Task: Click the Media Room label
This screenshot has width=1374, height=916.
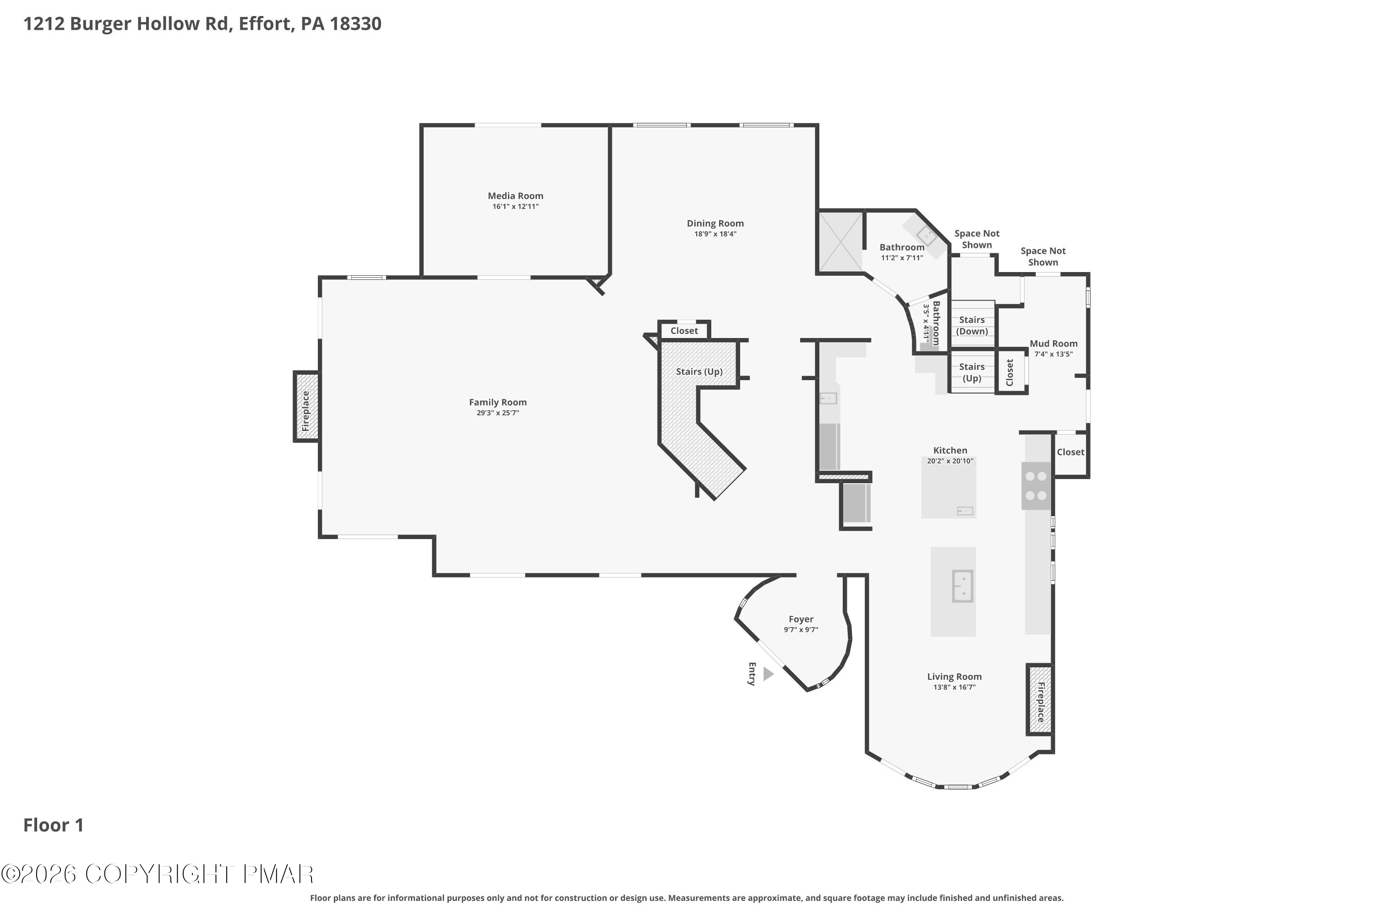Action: pyautogui.click(x=515, y=196)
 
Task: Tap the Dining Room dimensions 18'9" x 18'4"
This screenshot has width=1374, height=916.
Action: pyautogui.click(x=715, y=234)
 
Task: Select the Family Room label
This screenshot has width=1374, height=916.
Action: pyautogui.click(x=498, y=402)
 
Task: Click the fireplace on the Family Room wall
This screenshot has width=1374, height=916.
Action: pyautogui.click(x=306, y=407)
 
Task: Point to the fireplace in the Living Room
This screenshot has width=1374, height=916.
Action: pyautogui.click(x=1040, y=699)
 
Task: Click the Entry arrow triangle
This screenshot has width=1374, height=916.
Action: pyautogui.click(x=768, y=674)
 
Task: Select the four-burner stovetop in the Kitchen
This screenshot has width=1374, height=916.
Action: pyautogui.click(x=1036, y=486)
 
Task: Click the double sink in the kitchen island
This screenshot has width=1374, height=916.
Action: pyautogui.click(x=962, y=586)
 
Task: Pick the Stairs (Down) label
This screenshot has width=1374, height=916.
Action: pyautogui.click(x=971, y=325)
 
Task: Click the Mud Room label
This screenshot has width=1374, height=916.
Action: pyautogui.click(x=1053, y=343)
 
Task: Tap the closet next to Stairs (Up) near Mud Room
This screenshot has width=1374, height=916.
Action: pyautogui.click(x=1010, y=372)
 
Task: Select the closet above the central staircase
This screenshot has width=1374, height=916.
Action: pyautogui.click(x=683, y=331)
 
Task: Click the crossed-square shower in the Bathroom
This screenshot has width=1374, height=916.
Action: pyautogui.click(x=840, y=242)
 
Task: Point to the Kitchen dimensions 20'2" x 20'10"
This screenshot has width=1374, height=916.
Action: pyautogui.click(x=950, y=461)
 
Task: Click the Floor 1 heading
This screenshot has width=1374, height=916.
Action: pyautogui.click(x=53, y=825)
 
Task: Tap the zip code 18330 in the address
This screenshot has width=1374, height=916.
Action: pyautogui.click(x=355, y=24)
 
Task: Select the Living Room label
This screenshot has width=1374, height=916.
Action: pyautogui.click(x=954, y=676)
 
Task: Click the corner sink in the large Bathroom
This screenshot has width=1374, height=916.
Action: pyautogui.click(x=926, y=236)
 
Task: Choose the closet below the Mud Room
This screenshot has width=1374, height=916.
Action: pyautogui.click(x=1070, y=452)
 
